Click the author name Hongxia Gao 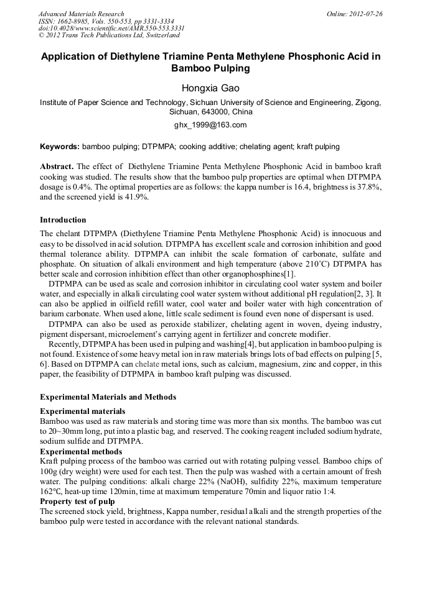[210, 88]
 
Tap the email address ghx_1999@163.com [210, 124]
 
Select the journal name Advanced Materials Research [81, 14]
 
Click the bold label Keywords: [60, 147]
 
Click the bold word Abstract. [57, 168]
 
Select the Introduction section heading [63, 219]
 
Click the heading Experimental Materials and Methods [108, 397]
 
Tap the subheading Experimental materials [82, 411]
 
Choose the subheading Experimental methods [81, 451]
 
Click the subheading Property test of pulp [77, 501]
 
